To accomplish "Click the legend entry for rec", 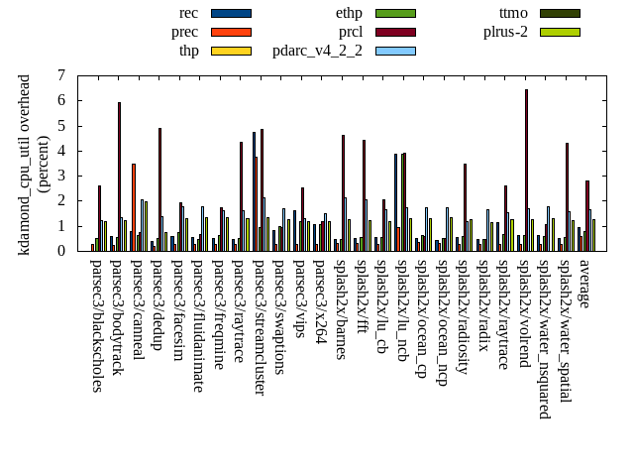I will pyautogui.click(x=188, y=13).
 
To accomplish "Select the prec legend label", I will pyautogui.click(x=184, y=32).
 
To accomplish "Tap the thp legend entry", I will pyautogui.click(x=188, y=51).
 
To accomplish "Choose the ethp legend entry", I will pyautogui.click(x=350, y=13).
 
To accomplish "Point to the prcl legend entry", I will pyautogui.click(x=351, y=32).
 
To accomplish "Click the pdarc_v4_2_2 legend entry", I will pyautogui.click(x=317, y=51).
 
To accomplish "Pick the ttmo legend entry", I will pyautogui.click(x=513, y=13).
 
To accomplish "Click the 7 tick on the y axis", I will pyautogui.click(x=61, y=75).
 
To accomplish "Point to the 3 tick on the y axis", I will pyautogui.click(x=61, y=176).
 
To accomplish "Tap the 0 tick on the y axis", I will pyautogui.click(x=61, y=251).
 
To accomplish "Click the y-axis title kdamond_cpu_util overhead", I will pyautogui.click(x=25, y=164).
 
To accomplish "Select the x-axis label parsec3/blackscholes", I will pyautogui.click(x=96, y=325).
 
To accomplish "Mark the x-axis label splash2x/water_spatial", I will pyautogui.click(x=565, y=330).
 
